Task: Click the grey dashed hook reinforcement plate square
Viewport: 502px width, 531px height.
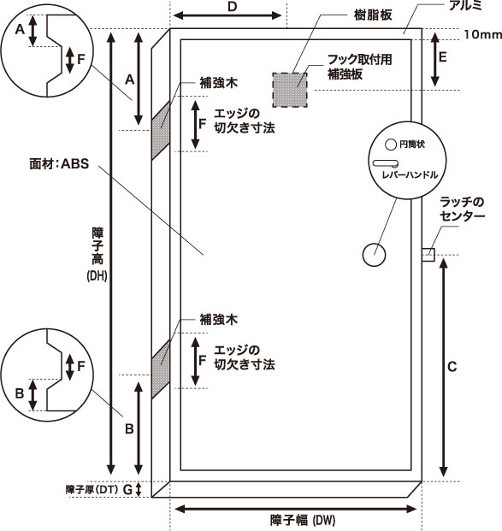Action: tap(290, 90)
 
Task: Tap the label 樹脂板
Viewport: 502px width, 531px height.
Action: tap(373, 15)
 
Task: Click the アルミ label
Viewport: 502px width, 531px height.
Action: tap(464, 5)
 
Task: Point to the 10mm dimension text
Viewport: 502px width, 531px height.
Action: tap(482, 34)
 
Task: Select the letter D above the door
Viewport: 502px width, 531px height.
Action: tap(232, 7)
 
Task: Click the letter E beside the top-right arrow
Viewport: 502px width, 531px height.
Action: tap(442, 57)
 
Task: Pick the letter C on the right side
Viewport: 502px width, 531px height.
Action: tap(452, 367)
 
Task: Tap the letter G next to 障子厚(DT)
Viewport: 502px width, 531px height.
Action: tap(127, 490)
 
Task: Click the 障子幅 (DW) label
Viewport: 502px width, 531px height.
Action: tap(303, 520)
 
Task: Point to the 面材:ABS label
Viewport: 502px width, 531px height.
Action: tap(59, 164)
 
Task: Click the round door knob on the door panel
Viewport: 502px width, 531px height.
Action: tap(374, 255)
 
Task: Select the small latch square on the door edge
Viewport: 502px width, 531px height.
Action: tap(428, 255)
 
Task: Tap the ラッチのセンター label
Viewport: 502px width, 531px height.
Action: tap(462, 209)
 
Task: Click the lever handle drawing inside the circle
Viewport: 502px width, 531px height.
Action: tap(386, 164)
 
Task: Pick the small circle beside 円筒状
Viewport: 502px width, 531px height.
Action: tap(391, 145)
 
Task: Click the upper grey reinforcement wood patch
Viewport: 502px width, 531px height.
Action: tap(161, 130)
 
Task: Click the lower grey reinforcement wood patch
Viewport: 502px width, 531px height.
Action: tap(161, 369)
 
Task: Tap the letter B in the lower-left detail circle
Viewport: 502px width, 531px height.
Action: tap(20, 393)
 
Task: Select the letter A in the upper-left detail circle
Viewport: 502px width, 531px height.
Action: tap(20, 30)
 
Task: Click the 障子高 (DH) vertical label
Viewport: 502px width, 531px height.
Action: tap(97, 255)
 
